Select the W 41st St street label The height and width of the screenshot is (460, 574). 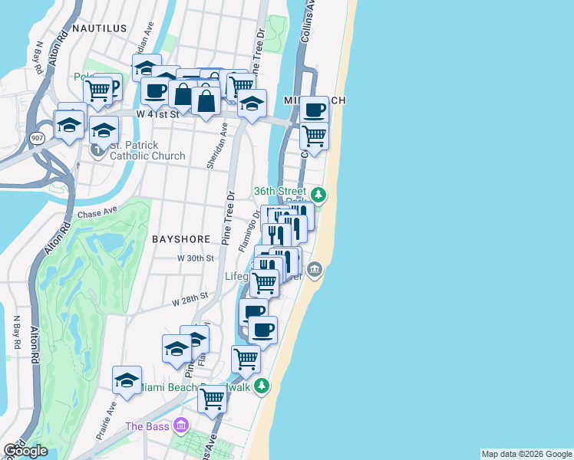tap(157, 113)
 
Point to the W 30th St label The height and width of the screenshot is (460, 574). tap(195, 258)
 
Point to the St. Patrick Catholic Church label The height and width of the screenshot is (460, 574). tap(147, 150)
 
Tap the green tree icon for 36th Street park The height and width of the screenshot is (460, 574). tap(318, 195)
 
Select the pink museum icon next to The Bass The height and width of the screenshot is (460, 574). tap(180, 425)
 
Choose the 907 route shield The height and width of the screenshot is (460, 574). tap(37, 137)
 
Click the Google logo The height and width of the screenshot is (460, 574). tap(25, 451)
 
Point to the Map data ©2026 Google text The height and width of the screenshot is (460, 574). tap(526, 454)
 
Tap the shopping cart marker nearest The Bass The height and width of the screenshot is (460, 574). tap(213, 398)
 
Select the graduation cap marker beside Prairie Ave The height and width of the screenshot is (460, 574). tap(127, 379)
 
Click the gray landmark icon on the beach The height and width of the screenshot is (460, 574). tap(315, 269)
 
